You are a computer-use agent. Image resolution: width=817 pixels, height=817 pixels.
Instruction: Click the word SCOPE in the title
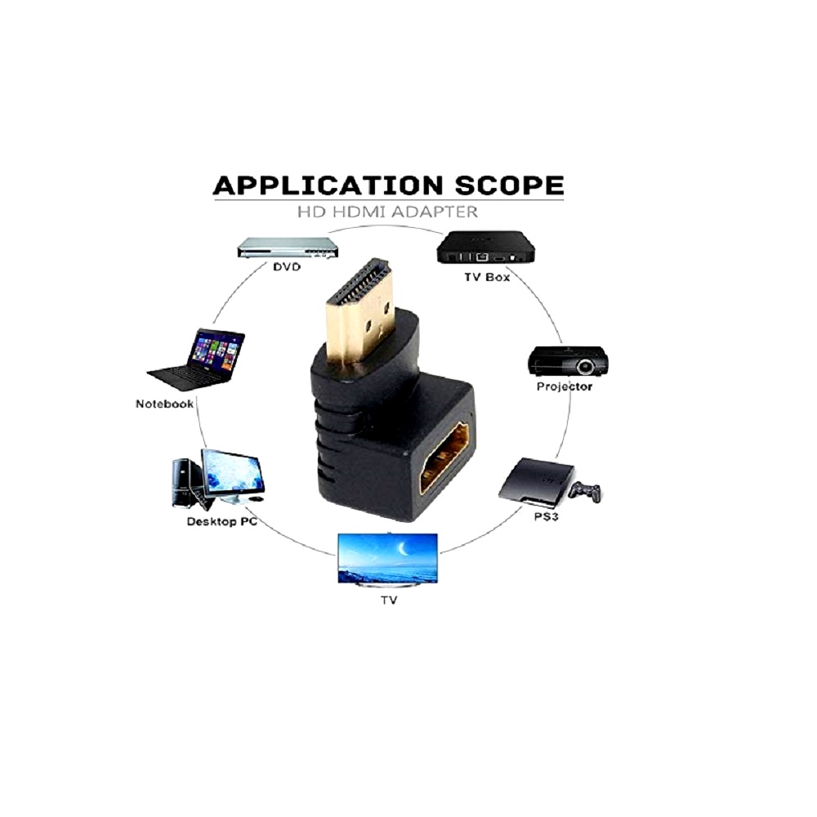[510, 185]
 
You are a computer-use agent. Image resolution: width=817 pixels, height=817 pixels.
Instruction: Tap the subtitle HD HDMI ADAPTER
[387, 212]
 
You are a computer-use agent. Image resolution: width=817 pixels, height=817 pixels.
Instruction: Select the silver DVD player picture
[288, 248]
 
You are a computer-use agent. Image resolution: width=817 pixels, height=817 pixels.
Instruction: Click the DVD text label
[287, 267]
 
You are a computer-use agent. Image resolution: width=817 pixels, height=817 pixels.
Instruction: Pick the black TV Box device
[487, 247]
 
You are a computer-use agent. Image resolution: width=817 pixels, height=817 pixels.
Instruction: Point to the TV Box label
[487, 277]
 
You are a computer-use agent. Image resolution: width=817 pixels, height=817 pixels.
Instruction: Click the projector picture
[568, 360]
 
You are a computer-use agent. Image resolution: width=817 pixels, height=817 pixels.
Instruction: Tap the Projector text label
[565, 386]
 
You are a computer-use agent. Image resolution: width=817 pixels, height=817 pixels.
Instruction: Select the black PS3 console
[537, 482]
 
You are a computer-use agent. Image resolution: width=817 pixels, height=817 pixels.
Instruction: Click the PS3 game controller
[584, 492]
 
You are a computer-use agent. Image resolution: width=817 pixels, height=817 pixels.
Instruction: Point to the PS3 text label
[546, 517]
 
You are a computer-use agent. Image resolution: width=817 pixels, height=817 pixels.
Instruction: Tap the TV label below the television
[389, 600]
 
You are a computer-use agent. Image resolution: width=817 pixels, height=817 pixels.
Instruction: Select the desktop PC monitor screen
[233, 472]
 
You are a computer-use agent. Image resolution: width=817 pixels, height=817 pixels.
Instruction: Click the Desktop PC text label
[222, 521]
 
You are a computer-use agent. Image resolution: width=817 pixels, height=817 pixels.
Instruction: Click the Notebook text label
[165, 404]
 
